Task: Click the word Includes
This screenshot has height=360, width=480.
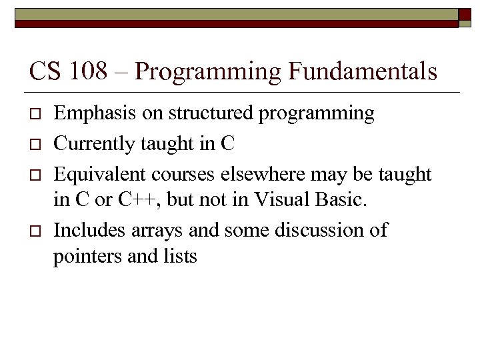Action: [x=85, y=231]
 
